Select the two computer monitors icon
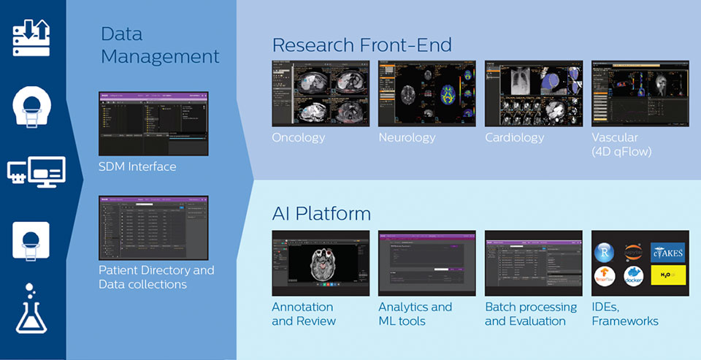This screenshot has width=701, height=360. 36,172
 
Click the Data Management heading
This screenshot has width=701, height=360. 160,45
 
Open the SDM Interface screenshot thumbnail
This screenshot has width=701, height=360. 153,122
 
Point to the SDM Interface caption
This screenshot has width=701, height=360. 137,166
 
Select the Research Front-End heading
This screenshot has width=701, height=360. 372,45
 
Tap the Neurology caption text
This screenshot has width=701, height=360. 407,137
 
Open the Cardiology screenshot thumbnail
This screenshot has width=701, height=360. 534,93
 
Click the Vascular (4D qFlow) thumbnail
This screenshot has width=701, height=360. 640,93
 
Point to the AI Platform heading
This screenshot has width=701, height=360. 321,213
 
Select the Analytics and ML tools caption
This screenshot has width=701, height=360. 415,314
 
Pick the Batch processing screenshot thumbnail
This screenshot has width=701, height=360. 534,263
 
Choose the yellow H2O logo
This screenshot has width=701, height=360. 668,275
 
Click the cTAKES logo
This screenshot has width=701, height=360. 668,252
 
